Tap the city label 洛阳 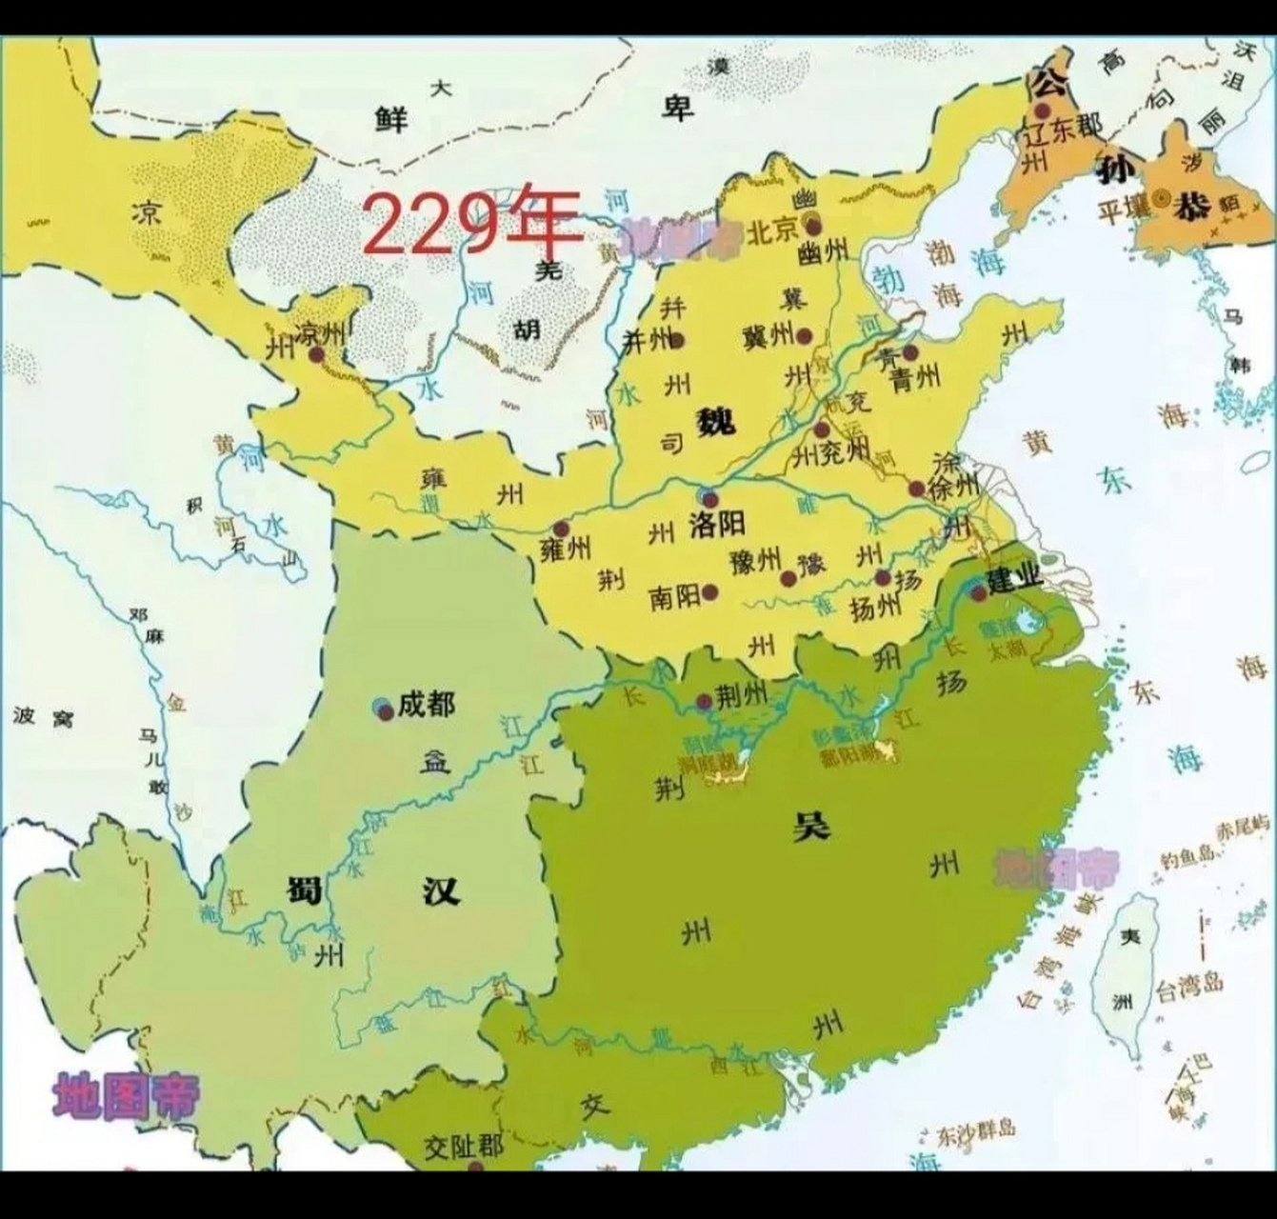pos(717,523)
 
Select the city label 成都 pos(426,705)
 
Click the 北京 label pos(771,231)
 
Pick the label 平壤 pos(1124,209)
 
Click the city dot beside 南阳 pos(710,591)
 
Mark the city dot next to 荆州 pos(704,703)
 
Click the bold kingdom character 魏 pos(715,420)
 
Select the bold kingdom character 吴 pos(812,825)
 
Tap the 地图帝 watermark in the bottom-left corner pos(127,1096)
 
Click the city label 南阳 pos(674,596)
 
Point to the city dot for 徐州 pos(916,490)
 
